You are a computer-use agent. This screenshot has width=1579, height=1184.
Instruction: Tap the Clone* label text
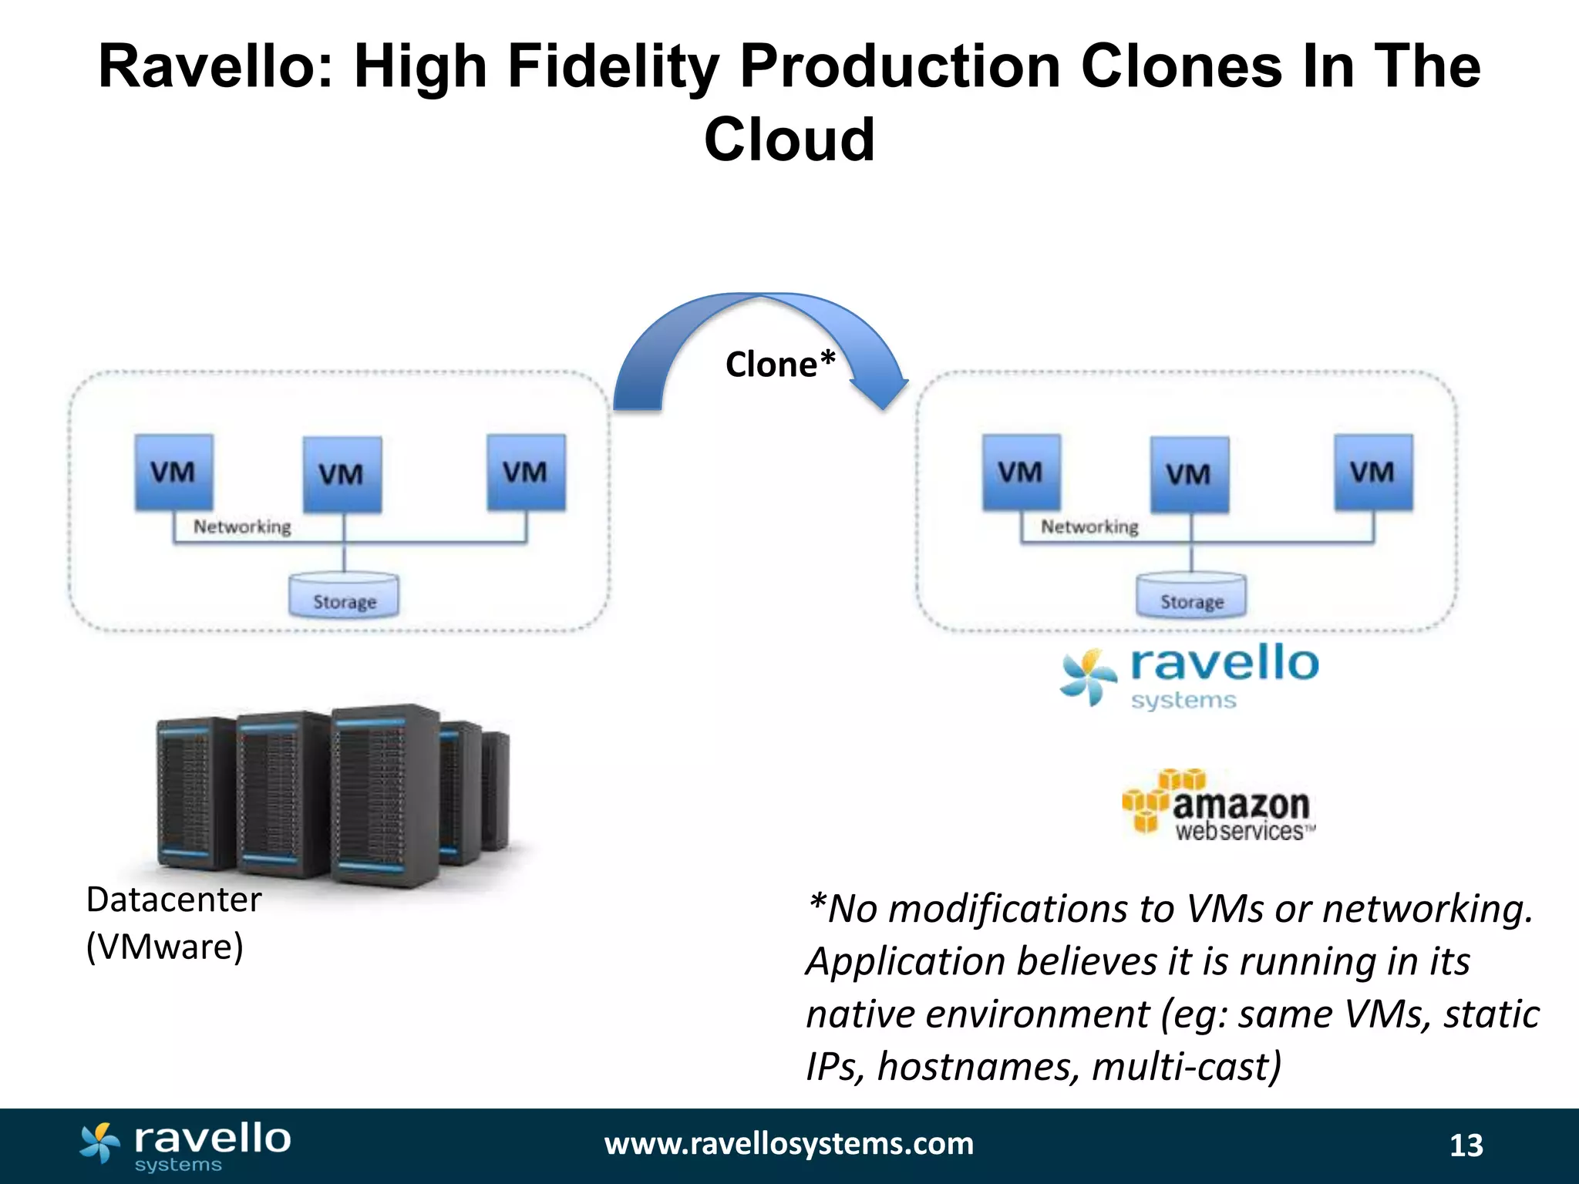tap(780, 365)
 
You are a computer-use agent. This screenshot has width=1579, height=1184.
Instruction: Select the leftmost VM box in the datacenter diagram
tap(173, 472)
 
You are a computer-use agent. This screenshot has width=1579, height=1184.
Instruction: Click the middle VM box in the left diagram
tap(342, 474)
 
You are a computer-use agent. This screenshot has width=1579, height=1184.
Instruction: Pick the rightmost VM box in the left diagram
tap(526, 472)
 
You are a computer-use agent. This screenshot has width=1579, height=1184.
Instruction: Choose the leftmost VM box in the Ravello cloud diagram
tap(1021, 472)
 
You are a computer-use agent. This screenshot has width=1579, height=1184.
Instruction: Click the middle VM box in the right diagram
tap(1189, 474)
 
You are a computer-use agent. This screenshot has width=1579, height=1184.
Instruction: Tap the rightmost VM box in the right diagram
tap(1373, 472)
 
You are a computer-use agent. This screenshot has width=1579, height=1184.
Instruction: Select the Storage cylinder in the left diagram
tap(344, 596)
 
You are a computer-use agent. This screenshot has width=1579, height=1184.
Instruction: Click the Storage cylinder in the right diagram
tap(1191, 596)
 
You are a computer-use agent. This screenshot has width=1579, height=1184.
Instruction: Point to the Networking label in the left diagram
tap(242, 527)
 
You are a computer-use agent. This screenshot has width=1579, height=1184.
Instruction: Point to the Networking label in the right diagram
tap(1089, 527)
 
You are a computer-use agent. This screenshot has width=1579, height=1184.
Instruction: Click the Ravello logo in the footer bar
tap(185, 1146)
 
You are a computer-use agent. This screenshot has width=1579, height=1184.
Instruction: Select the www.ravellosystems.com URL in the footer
tap(789, 1144)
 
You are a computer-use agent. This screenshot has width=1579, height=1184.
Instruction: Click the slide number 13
tap(1466, 1145)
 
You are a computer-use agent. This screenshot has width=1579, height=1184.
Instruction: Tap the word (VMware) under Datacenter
tap(164, 947)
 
